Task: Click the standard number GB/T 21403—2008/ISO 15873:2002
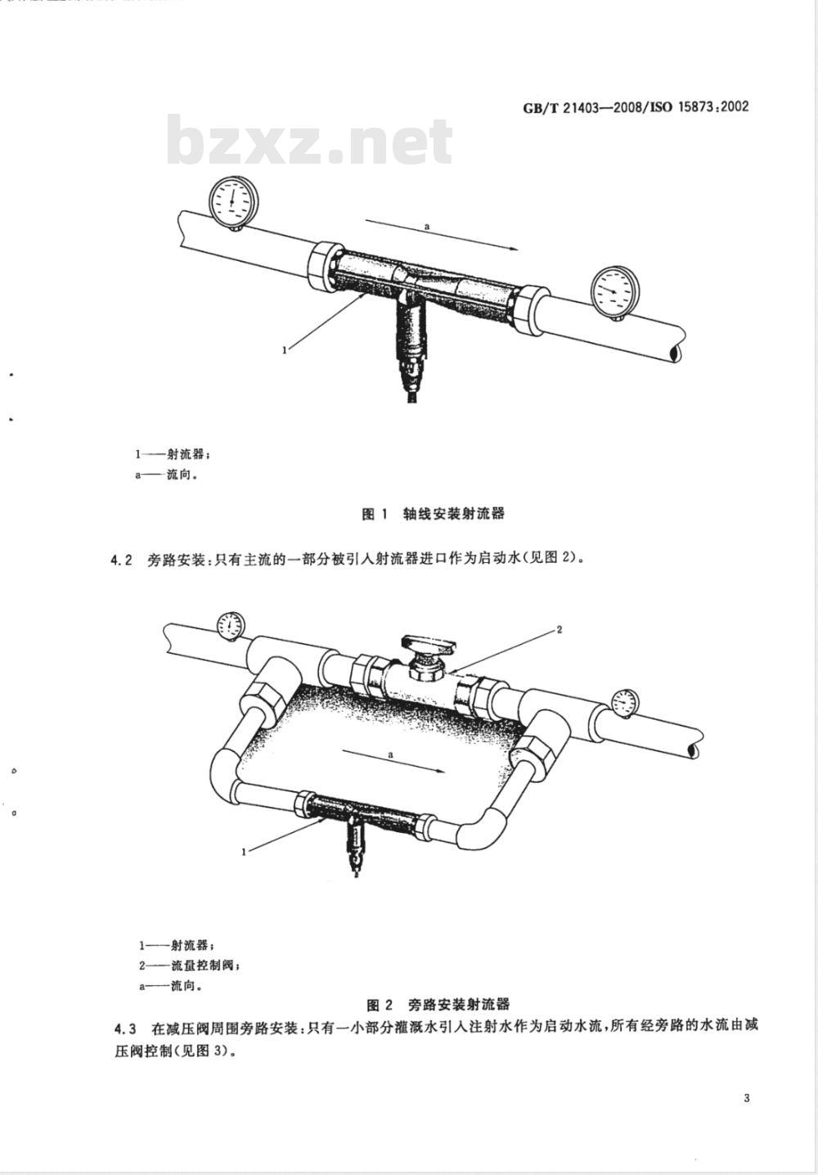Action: [x=636, y=107]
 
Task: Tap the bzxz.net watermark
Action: [x=309, y=140]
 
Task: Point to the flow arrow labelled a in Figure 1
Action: [x=442, y=235]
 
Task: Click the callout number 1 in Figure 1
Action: [x=285, y=350]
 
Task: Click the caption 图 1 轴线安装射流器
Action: [x=433, y=514]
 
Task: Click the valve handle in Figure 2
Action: [x=429, y=644]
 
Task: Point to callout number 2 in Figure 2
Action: [x=559, y=629]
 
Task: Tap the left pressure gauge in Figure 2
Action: [x=230, y=625]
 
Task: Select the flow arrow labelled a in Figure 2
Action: [x=392, y=762]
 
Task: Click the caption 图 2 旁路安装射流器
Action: [x=438, y=1005]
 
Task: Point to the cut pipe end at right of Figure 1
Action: [x=676, y=352]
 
